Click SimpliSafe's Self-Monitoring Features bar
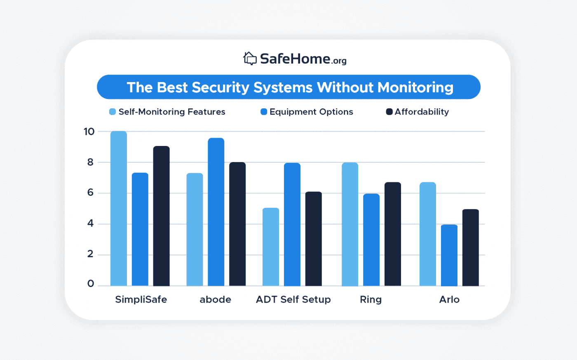[119, 208]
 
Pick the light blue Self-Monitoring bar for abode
[195, 229]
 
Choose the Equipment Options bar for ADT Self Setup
[292, 224]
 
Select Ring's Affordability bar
[393, 234]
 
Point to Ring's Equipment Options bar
[371, 240]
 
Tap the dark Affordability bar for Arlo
[471, 247]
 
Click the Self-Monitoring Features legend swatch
[113, 112]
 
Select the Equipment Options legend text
[311, 112]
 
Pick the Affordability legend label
[422, 112]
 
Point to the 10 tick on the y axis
[89, 132]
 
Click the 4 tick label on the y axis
[90, 224]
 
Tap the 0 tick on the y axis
[90, 284]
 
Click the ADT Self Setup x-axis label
[293, 299]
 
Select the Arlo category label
[449, 299]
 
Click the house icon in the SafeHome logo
[250, 59]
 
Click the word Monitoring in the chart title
[415, 87]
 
